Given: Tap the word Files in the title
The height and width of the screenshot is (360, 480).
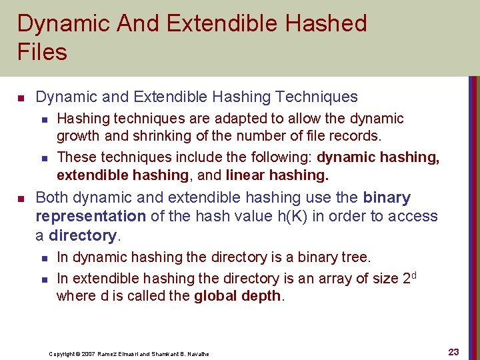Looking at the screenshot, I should pos(42,52).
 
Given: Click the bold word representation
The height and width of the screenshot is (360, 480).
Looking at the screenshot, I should pos(90,217).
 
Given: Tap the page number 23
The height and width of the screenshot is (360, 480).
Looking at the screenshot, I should pos(453,352).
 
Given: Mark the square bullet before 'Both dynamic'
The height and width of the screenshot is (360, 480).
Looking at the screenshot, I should pos(20,199).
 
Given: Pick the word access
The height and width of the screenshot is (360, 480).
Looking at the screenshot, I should pos(414,217).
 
